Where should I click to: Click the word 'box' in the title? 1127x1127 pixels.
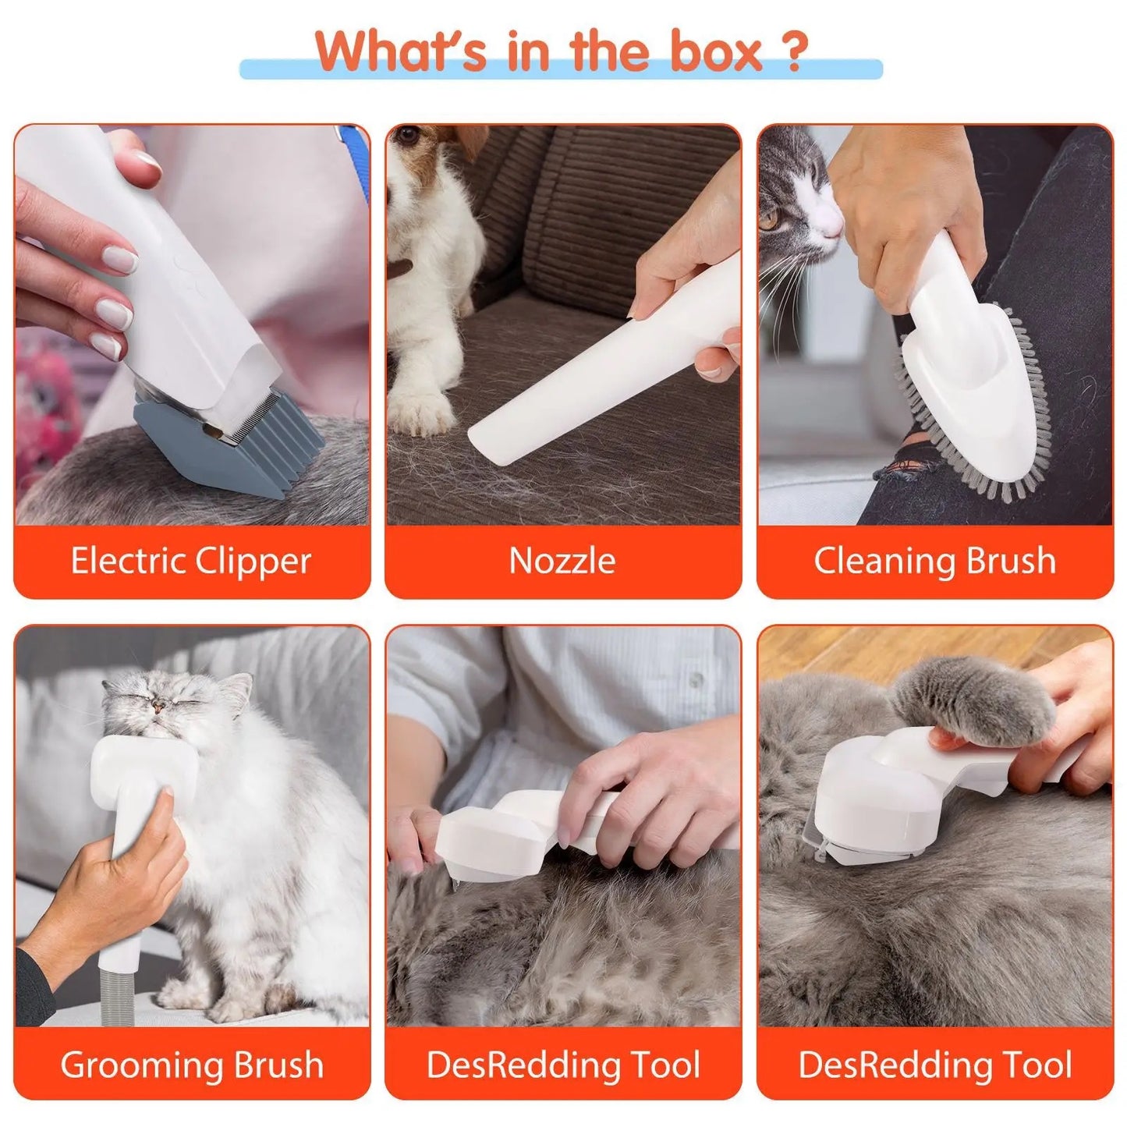[x=716, y=52]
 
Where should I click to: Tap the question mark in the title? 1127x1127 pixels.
[x=793, y=52]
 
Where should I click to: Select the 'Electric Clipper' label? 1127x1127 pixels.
[x=191, y=561]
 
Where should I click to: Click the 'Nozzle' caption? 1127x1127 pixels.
[x=562, y=561]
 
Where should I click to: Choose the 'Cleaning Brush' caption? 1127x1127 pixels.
[x=934, y=561]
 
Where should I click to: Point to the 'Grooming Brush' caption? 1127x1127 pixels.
[x=191, y=1065]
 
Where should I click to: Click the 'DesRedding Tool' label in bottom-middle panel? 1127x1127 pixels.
[x=562, y=1065]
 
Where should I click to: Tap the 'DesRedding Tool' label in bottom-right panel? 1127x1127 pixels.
[x=934, y=1065]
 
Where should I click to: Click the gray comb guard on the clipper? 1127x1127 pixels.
[x=234, y=445]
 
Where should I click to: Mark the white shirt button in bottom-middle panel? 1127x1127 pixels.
[x=695, y=680]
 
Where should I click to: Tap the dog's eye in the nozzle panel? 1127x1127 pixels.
[x=406, y=138]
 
